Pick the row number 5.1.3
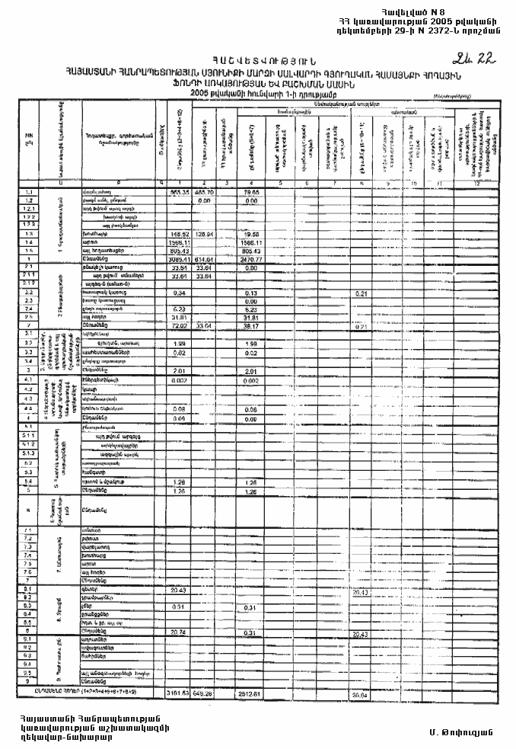28,453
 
